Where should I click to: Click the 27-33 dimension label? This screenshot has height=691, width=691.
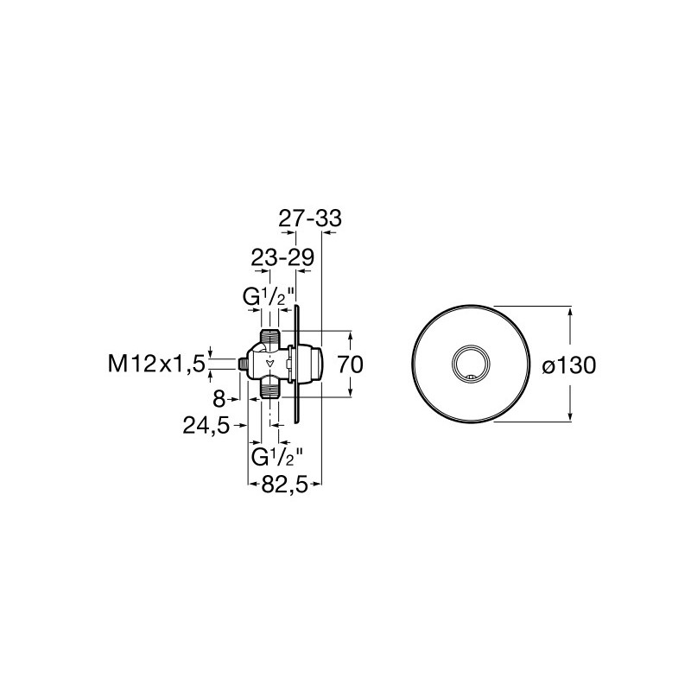point(310,219)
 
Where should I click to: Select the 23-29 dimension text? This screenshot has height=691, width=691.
point(282,257)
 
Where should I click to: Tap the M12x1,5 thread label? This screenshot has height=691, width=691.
point(157,365)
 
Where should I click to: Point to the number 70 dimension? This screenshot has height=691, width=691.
point(351,365)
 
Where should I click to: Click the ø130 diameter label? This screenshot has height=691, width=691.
point(569,365)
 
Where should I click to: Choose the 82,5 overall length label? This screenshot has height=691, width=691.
point(284,485)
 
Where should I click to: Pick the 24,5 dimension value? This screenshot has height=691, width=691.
point(206,425)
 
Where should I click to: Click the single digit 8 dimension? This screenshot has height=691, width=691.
point(219,400)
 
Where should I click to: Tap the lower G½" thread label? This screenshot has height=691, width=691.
point(277,457)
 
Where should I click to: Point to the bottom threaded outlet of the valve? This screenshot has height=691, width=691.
point(269,390)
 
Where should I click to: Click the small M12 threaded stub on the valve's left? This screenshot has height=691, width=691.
point(243,364)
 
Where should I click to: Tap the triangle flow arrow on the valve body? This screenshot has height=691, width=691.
point(269,364)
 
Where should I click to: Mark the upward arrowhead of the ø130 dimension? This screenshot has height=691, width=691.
point(570,312)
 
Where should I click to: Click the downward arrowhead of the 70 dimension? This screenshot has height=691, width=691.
point(351,391)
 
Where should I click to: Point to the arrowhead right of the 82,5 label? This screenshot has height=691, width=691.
point(315,485)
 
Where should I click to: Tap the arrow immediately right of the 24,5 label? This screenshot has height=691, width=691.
point(239,425)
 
